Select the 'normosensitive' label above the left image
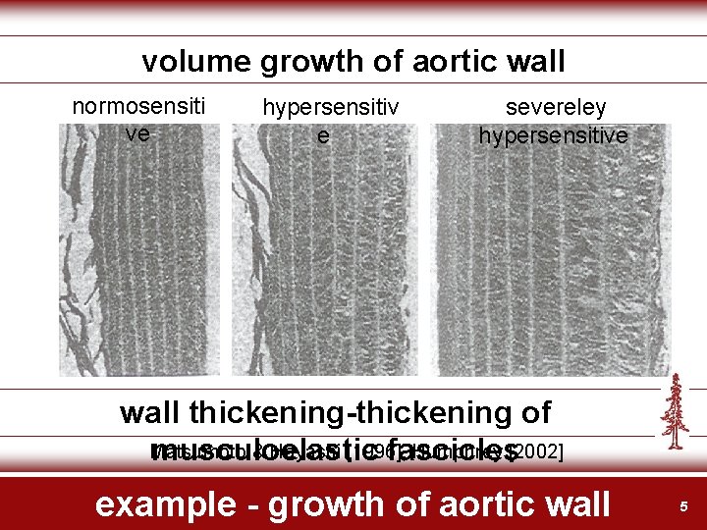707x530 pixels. coord(138,119)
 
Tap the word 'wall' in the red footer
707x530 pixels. coord(575,504)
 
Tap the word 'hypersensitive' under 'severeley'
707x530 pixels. coord(553,136)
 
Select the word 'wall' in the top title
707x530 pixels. coord(535,63)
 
